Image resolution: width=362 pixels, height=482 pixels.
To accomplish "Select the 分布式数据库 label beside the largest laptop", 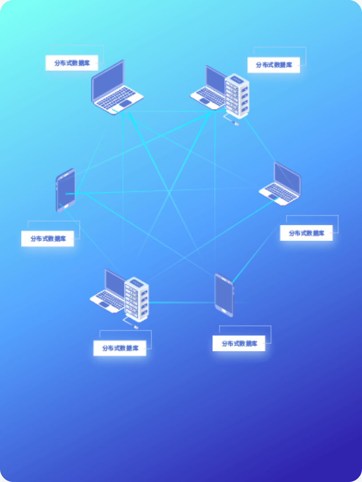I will pyautogui.click(x=72, y=63).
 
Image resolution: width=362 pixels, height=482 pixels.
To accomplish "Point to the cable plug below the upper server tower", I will pyautogui.click(x=236, y=124).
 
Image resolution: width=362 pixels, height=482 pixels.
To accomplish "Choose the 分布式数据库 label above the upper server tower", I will pyautogui.click(x=274, y=65).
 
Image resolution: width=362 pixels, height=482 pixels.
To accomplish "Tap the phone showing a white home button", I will pyautogui.click(x=66, y=190).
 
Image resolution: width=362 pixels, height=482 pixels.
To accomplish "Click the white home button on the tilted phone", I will pyautogui.click(x=67, y=206).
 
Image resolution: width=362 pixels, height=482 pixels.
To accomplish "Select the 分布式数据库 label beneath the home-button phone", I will pyautogui.click(x=47, y=239).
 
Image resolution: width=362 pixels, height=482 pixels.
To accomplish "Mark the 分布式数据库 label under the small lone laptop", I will pyautogui.click(x=306, y=233).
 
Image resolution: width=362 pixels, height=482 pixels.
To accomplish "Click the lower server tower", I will pyautogui.click(x=137, y=299).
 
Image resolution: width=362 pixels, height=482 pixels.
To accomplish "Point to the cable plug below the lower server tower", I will pyautogui.click(x=136, y=328).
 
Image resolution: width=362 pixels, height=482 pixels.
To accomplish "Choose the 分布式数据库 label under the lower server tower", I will pyautogui.click(x=119, y=348).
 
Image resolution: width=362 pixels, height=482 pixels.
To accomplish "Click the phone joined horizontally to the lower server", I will pyautogui.click(x=224, y=295).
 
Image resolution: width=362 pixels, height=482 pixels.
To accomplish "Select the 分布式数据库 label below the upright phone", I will pyautogui.click(x=239, y=344).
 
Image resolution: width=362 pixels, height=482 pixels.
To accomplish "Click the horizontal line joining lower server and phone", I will pyautogui.click(x=182, y=303).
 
